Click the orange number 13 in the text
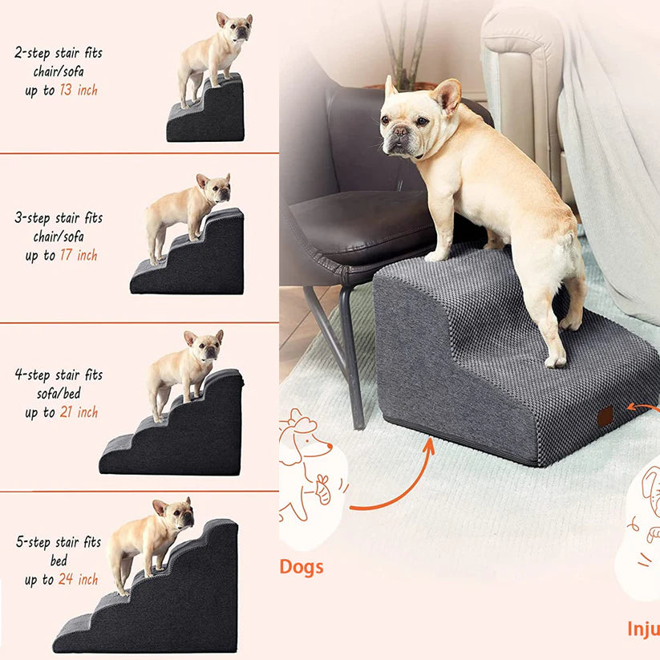click(x=67, y=91)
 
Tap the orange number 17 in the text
click(x=67, y=256)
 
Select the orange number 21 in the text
click(x=67, y=412)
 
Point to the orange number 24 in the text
click(x=67, y=579)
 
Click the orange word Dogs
click(x=302, y=567)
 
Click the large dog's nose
click(x=395, y=132)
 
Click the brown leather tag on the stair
click(x=605, y=416)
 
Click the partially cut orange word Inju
click(x=643, y=627)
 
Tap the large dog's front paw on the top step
click(x=437, y=256)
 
